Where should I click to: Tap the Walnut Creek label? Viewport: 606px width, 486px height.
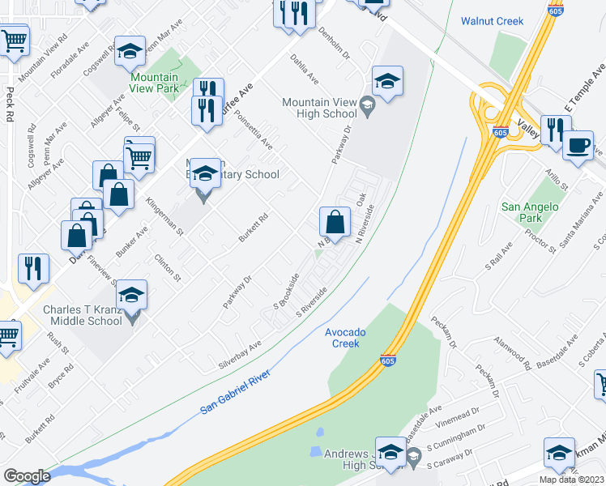492,21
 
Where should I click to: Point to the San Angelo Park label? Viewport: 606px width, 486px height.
531,212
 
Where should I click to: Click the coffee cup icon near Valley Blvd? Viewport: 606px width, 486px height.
578,146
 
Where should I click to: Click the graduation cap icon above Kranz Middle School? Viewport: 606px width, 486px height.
133,296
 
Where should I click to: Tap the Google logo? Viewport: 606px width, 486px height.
27,475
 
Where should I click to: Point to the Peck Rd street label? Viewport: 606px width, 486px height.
11,104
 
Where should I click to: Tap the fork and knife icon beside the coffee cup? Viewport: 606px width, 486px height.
556,130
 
